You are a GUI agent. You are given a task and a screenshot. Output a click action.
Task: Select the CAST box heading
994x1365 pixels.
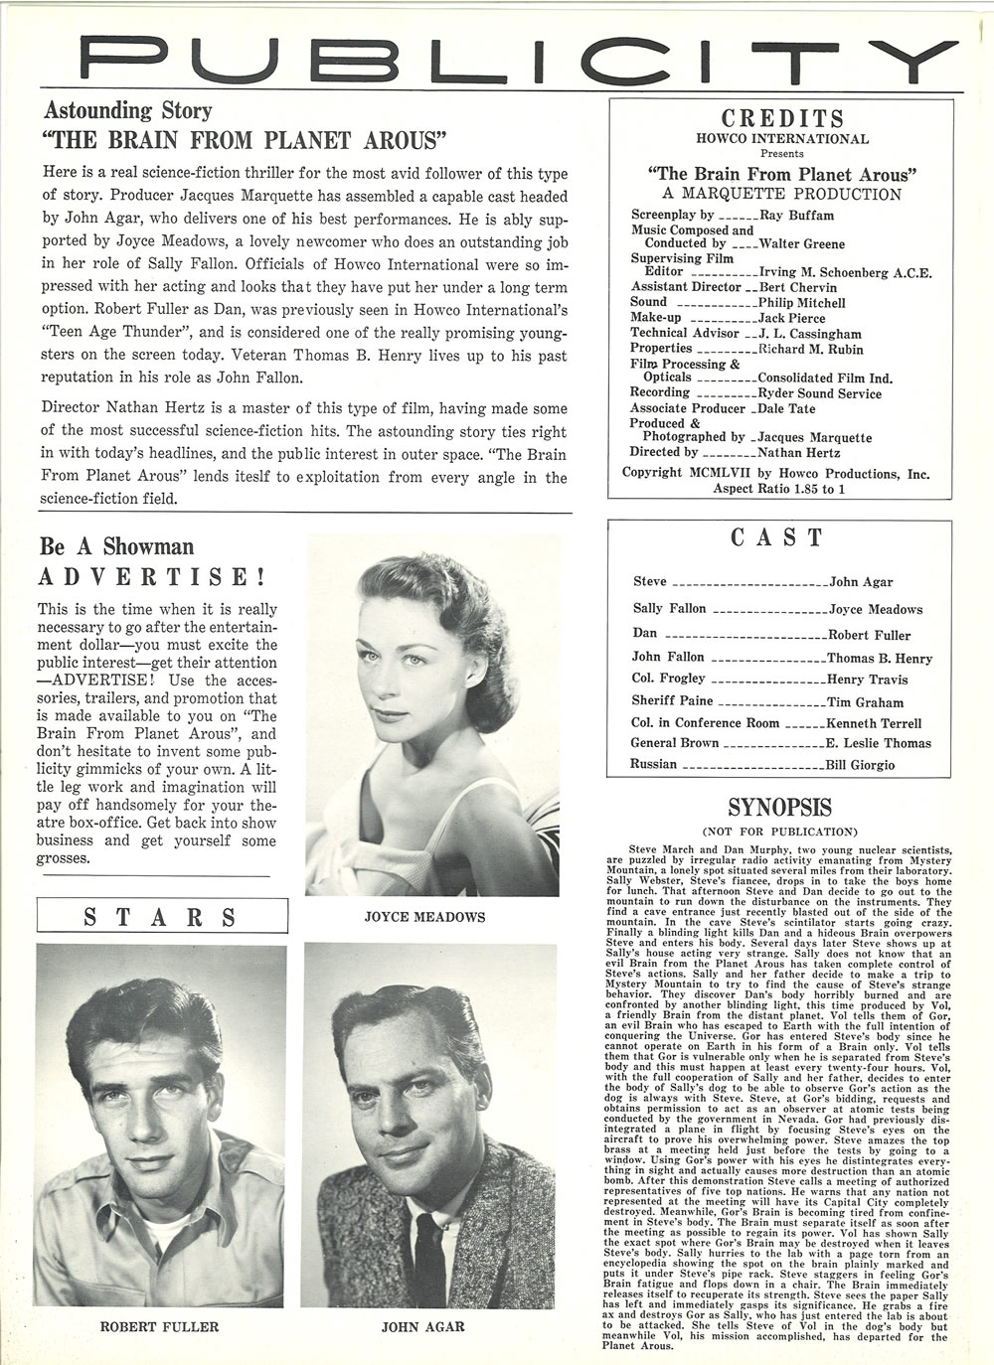click(777, 537)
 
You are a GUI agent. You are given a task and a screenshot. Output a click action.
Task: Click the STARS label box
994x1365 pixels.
click(161, 915)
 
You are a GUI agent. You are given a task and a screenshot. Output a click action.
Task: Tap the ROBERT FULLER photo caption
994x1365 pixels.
click(160, 1325)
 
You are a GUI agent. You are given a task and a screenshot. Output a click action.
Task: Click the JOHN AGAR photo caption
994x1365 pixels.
click(423, 1325)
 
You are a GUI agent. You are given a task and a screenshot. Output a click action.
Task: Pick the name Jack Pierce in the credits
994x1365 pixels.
click(792, 317)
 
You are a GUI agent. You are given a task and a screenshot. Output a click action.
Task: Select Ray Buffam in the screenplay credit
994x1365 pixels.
click(796, 215)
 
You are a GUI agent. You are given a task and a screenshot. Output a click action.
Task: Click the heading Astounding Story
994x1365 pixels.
click(127, 110)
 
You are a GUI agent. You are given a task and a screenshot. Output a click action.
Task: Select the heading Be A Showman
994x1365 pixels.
click(116, 546)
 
